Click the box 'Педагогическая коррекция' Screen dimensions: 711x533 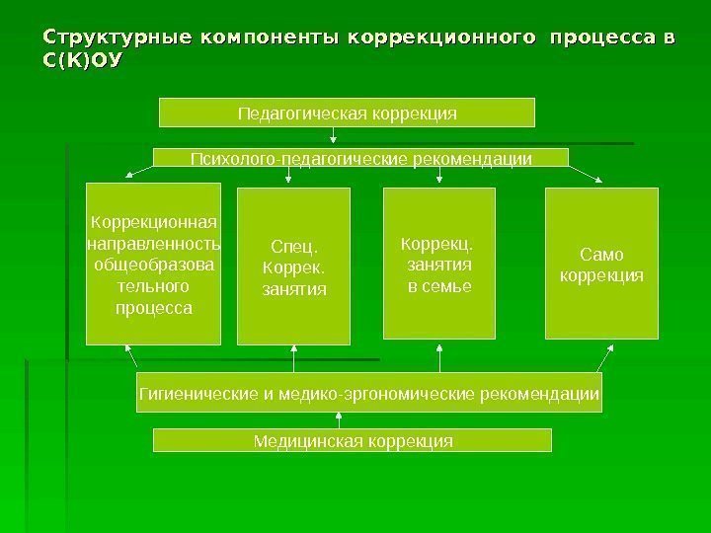coord(347,113)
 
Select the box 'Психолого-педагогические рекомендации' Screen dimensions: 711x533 coord(359,158)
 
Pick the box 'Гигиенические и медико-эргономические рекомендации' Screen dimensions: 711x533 coord(368,393)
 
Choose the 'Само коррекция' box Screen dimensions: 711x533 coord(600,263)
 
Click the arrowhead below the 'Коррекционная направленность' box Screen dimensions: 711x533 coord(128,350)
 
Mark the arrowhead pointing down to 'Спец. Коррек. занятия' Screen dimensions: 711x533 coord(287,179)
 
